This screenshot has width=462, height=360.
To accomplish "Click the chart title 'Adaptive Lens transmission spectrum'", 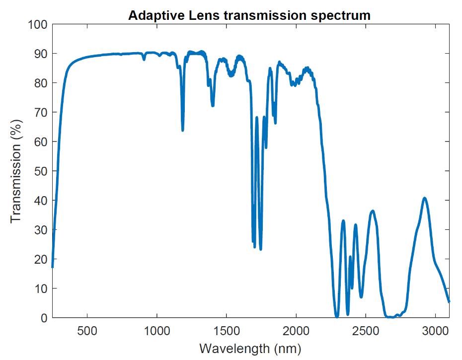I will [249, 15].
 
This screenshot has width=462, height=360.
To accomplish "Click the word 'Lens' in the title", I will [205, 15].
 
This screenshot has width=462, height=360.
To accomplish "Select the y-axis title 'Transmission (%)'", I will [16, 171].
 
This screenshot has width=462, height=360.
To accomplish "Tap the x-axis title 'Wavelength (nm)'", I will [250, 348].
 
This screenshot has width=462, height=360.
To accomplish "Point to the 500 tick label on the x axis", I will [87, 331].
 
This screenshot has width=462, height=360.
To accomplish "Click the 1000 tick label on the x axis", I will [157, 331].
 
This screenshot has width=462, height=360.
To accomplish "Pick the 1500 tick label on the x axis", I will [227, 331].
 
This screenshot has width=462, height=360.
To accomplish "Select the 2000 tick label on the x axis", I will [296, 331].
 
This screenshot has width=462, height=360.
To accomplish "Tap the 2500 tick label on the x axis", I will [366, 331].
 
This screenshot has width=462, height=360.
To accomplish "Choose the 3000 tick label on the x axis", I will [435, 331].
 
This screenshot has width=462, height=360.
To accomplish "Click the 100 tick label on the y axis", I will [37, 24].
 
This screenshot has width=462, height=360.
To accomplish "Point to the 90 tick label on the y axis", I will [40, 54].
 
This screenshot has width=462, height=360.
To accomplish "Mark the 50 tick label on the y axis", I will [40, 171].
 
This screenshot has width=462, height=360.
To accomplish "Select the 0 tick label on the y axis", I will [43, 318].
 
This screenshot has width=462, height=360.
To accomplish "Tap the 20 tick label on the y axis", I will [40, 259].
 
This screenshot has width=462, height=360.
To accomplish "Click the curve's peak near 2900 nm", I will [425, 198].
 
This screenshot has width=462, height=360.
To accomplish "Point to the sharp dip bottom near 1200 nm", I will [183, 130].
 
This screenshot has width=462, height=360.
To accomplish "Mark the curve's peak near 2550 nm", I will [373, 211].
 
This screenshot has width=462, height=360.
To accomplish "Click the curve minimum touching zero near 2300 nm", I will [337, 316].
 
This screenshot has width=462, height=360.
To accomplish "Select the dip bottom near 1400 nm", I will [213, 106].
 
